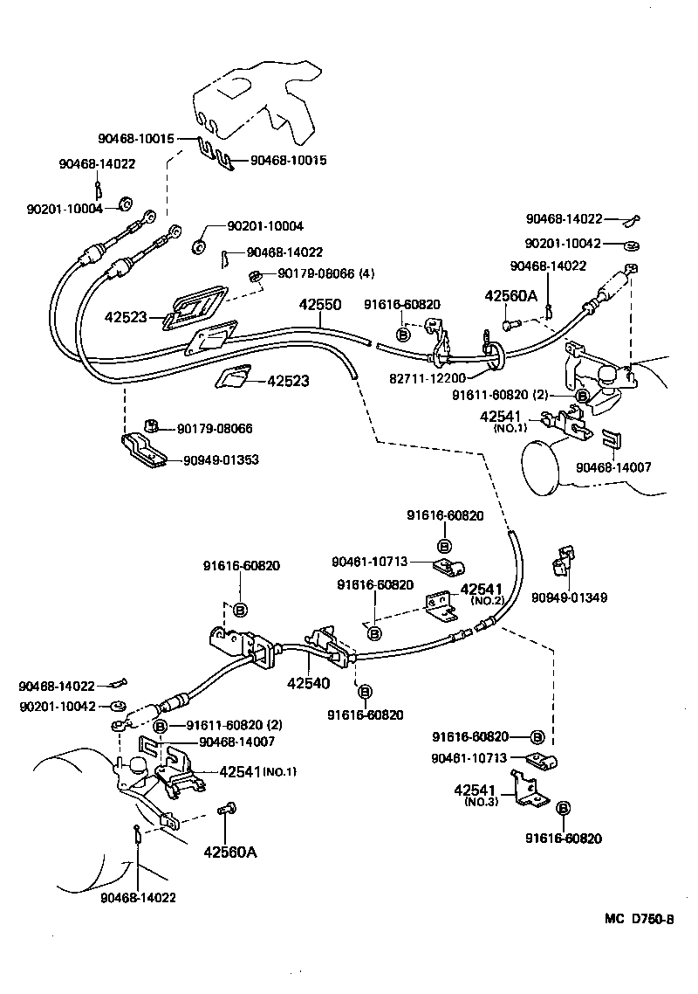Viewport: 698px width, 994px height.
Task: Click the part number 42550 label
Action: pyautogui.click(x=319, y=307)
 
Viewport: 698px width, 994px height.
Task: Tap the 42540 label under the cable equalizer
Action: pyautogui.click(x=310, y=683)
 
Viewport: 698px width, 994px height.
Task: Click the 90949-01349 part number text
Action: pyautogui.click(x=570, y=598)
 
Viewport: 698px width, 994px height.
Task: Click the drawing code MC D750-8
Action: pyautogui.click(x=640, y=919)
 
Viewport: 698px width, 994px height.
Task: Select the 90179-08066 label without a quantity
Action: pyautogui.click(x=215, y=429)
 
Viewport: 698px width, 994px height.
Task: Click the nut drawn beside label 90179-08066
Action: pyautogui.click(x=151, y=425)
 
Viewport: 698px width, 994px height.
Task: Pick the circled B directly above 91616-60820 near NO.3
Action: pyautogui.click(x=564, y=809)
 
